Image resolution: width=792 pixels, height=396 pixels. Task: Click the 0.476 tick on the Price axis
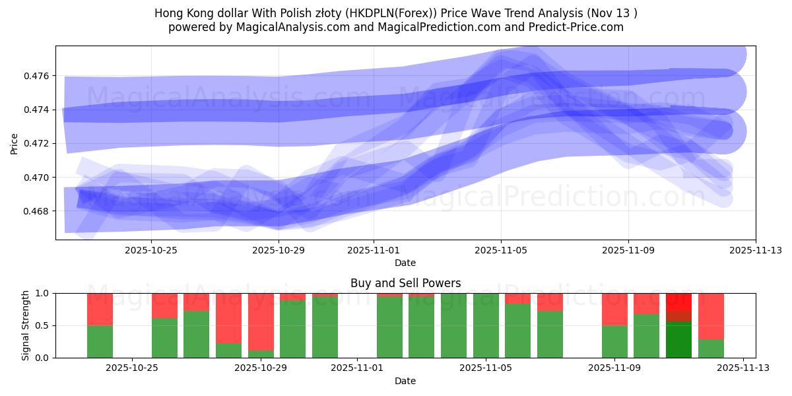tap(38, 76)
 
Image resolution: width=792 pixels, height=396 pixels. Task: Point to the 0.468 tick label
tap(38, 211)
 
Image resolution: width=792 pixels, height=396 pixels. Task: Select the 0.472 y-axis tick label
tap(38, 143)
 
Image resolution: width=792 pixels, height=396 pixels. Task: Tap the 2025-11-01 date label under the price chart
tap(374, 250)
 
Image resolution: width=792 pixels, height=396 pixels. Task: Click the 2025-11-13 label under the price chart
tap(756, 250)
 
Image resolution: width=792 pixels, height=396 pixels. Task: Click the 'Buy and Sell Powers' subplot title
tap(405, 283)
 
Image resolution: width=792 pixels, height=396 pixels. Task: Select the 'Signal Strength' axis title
tap(26, 325)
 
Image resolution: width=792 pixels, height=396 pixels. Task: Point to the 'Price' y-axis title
tap(15, 143)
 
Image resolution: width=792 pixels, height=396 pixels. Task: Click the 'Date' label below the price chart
tap(405, 263)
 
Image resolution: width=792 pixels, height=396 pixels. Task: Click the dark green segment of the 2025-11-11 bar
tap(678, 339)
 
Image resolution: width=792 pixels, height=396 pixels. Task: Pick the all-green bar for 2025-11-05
tap(486, 325)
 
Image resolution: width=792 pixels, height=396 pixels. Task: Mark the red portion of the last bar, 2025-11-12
tap(711, 316)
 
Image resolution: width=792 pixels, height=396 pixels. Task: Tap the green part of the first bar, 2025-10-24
tap(100, 341)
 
